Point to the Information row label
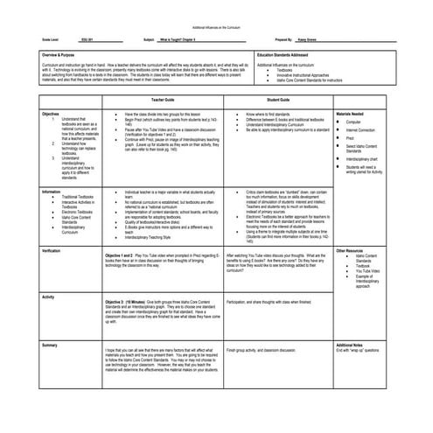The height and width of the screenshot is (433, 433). pyautogui.click(x=52, y=190)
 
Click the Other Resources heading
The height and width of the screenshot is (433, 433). pyautogui.click(x=354, y=250)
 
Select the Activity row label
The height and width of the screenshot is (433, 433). pyautogui.click(x=48, y=297)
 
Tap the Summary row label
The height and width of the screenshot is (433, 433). pyautogui.click(x=50, y=346)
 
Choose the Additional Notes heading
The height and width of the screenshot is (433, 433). pyautogui.click(x=354, y=346)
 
